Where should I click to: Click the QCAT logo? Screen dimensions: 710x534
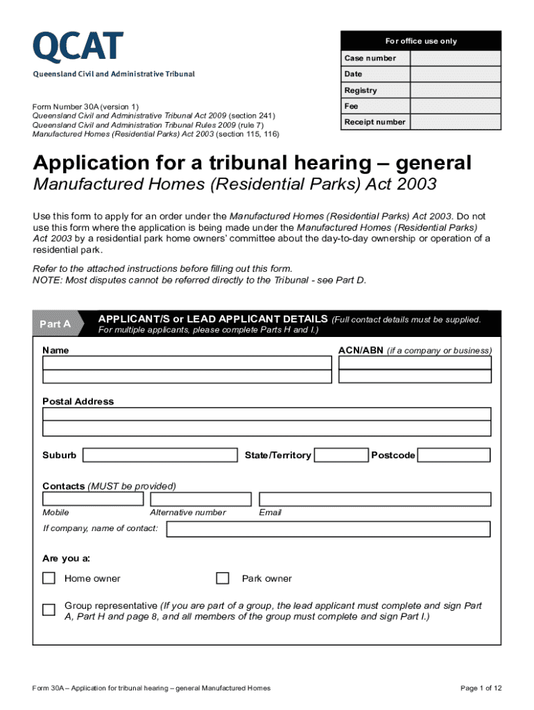pos(78,47)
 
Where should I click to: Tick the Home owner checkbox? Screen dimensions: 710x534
pos(49,578)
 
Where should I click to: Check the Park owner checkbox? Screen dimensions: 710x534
pos(223,578)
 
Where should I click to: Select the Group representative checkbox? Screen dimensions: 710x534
pos(49,610)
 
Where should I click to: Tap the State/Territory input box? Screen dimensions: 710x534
pos(341,456)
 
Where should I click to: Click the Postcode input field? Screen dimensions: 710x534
pos(454,456)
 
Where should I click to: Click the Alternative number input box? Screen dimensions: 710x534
pos(200,499)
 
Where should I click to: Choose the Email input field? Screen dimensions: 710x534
pos(374,499)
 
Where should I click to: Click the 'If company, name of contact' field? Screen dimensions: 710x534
pos(328,529)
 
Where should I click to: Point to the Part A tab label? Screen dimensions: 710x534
pos(55,324)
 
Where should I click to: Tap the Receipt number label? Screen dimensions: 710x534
pos(374,122)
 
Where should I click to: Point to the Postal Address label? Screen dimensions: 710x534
pos(78,401)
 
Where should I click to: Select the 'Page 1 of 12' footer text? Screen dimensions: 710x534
pos(481,688)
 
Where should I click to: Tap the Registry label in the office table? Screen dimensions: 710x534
pos(361,90)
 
